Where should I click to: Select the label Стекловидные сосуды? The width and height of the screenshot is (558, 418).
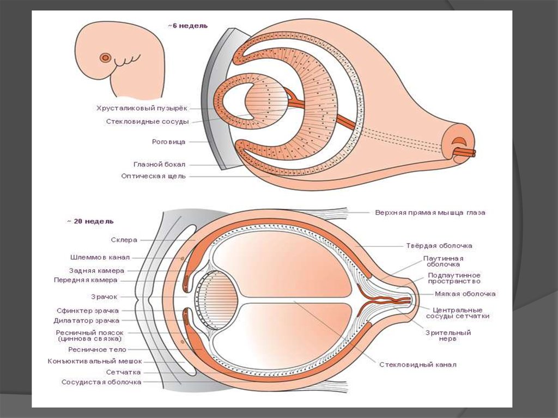pos(147,122)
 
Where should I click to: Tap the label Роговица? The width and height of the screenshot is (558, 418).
pos(168,142)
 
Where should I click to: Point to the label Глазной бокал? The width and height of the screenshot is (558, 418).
pos(159,164)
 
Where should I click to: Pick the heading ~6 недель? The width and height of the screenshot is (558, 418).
pos(187,26)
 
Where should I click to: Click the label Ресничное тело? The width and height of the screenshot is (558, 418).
pos(97,349)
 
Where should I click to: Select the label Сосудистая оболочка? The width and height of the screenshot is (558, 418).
pos(101,382)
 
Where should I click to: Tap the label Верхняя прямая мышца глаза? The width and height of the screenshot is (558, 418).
pos(430,213)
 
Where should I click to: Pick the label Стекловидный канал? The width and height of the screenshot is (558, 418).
pos(418,365)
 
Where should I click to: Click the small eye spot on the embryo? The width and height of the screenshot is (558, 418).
pos(106,57)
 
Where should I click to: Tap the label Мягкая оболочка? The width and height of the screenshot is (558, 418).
pos(465,294)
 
